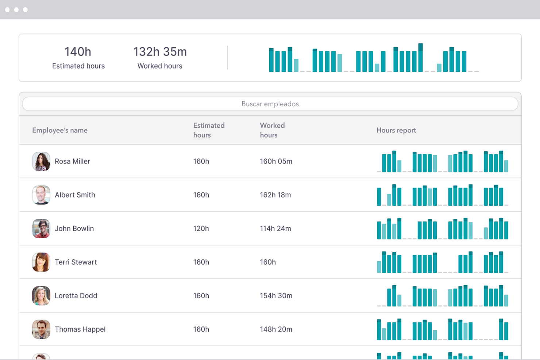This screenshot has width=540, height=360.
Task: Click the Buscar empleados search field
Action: point(270,104)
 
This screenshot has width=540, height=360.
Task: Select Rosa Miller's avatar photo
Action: point(41,161)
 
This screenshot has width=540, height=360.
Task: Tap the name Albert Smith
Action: point(75,195)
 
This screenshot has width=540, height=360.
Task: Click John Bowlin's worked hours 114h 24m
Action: point(275,228)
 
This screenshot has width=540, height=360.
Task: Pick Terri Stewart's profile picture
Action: point(41,262)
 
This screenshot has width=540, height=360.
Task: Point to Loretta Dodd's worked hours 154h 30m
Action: point(276,295)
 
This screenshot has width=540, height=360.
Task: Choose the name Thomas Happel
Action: point(80,329)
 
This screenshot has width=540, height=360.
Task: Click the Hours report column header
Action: point(396,130)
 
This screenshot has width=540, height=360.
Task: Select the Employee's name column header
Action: point(60,130)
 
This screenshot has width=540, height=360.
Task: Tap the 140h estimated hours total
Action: point(78,51)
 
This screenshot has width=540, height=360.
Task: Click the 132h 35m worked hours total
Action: point(160,51)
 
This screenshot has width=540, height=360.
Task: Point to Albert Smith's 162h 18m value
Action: point(275,195)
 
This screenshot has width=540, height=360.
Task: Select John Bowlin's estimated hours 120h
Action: point(201,228)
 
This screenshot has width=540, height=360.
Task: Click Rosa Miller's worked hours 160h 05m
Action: point(276,161)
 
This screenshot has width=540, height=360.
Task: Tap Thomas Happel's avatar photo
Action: point(41,329)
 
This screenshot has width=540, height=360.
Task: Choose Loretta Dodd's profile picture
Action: point(41,295)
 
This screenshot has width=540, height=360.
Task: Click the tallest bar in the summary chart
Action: point(420,58)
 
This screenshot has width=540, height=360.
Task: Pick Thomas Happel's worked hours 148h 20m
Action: point(276,329)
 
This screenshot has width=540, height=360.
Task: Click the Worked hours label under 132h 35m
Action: point(160,66)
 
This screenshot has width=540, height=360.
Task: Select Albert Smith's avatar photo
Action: point(41,195)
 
